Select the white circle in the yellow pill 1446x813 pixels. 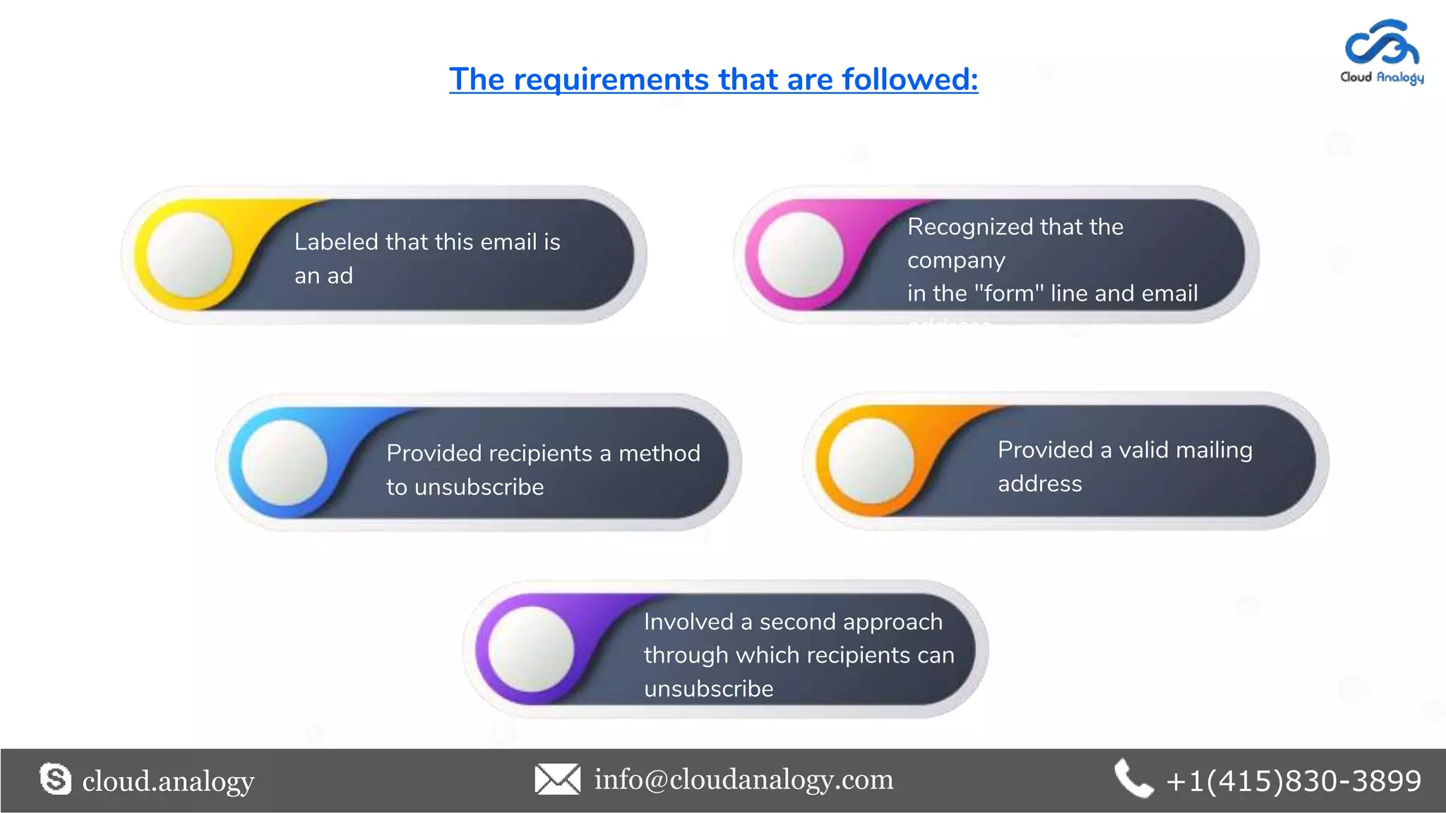[x=189, y=255]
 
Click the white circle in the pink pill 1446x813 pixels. [x=800, y=255]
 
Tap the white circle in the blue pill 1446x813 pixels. [x=284, y=462]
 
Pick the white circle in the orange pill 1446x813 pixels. [x=871, y=461]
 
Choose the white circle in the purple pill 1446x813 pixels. [x=531, y=649]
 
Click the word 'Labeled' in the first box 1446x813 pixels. [x=336, y=242]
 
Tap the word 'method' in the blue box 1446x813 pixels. [x=659, y=453]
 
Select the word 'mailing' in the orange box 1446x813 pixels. [x=1214, y=450]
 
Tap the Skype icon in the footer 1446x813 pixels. [x=56, y=779]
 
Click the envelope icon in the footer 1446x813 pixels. [x=557, y=779]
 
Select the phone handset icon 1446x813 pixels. [x=1133, y=779]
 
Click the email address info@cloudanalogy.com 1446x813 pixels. [x=743, y=780]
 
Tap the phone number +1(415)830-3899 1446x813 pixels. [x=1293, y=781]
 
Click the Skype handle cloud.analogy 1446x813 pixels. [x=168, y=781]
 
